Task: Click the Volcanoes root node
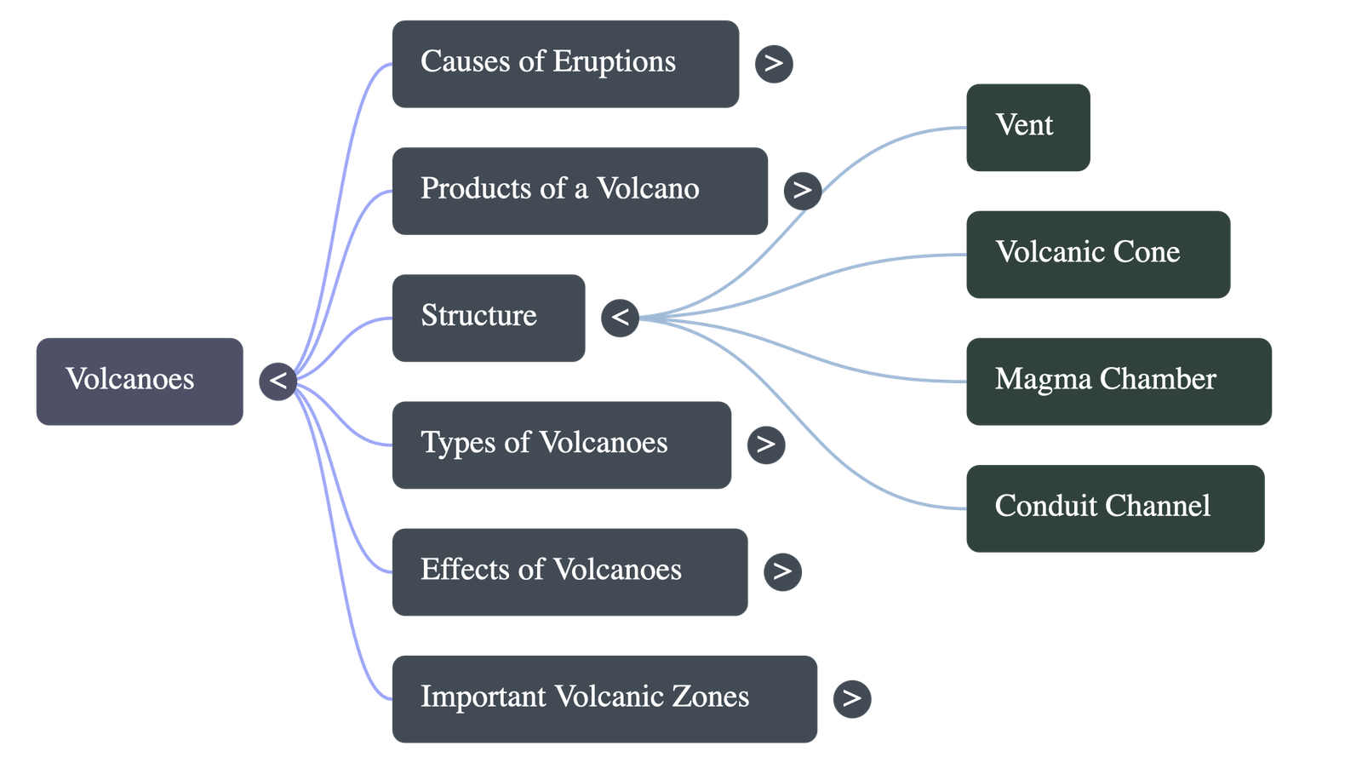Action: click(139, 381)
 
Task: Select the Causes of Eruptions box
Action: click(564, 63)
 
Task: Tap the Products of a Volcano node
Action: click(579, 190)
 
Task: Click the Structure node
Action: click(488, 317)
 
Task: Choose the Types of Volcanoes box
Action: click(561, 445)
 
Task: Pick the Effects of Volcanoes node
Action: click(569, 571)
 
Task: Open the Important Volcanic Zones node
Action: click(604, 698)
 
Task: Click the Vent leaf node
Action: click(1027, 127)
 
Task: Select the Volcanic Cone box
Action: click(1097, 254)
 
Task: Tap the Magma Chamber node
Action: click(1119, 381)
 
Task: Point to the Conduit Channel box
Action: click(1114, 508)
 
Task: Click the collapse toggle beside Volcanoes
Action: click(278, 381)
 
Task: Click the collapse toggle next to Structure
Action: click(620, 318)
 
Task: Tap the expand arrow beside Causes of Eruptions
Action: click(773, 64)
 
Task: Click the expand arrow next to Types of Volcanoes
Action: click(765, 445)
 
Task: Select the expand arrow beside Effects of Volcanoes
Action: click(782, 571)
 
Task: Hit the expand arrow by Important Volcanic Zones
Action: click(851, 698)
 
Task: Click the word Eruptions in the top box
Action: click(614, 62)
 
